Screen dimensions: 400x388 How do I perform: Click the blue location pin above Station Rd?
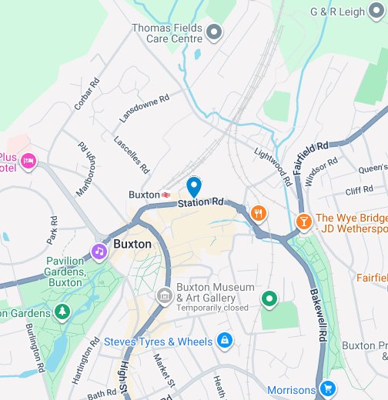(x=194, y=186)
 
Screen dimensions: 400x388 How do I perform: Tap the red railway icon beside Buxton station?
(x=166, y=195)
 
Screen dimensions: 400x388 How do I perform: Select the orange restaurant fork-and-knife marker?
(x=257, y=214)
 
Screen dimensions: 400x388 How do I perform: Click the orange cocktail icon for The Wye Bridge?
(x=304, y=222)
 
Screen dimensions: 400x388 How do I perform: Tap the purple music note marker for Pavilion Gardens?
(x=99, y=251)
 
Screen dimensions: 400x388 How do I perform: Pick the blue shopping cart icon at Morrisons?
(x=328, y=389)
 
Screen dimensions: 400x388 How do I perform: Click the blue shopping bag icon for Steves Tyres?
(x=224, y=339)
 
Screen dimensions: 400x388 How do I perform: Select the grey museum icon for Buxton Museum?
(x=163, y=295)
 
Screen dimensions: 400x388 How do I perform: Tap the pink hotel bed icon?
(x=28, y=161)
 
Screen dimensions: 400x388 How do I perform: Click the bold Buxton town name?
(x=132, y=244)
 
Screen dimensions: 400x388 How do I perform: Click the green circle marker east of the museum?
(x=269, y=298)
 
